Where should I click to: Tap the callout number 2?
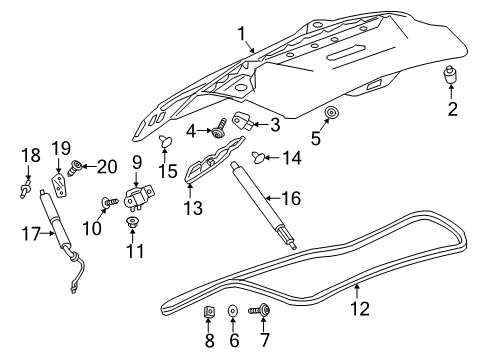pyautogui.click(x=453, y=109)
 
